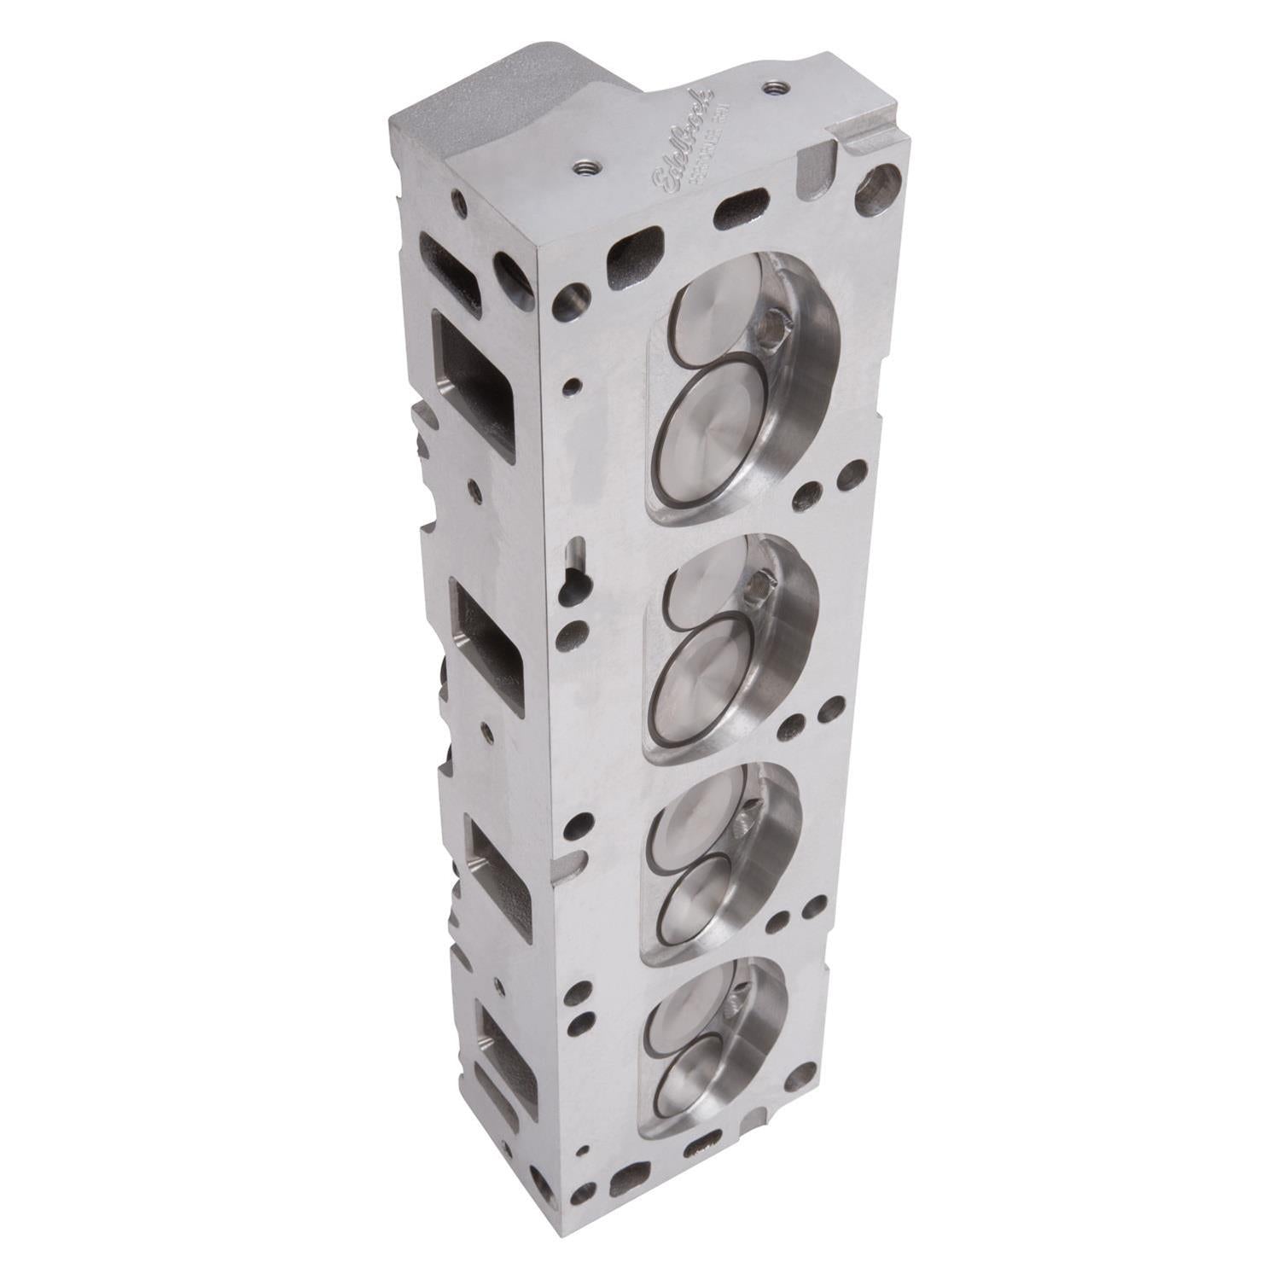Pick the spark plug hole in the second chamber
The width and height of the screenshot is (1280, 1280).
tap(757, 588)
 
